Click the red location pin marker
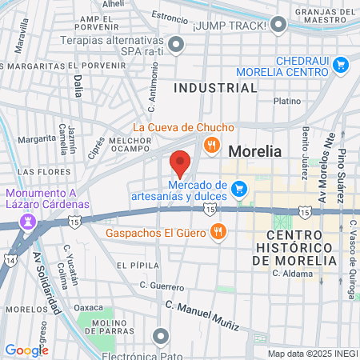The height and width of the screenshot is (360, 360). point(180,162)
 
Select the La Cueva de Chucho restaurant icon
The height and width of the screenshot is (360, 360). point(212,145)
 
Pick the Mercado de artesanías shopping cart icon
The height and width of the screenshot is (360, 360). point(238,189)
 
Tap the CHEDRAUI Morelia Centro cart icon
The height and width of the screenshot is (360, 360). point(342,64)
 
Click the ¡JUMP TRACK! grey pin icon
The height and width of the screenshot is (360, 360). point(278,26)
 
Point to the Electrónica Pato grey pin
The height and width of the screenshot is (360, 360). point(162,335)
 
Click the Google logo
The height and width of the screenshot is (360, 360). point(26,350)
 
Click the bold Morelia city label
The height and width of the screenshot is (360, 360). point(256,150)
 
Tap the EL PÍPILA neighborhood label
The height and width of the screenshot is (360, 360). point(133,265)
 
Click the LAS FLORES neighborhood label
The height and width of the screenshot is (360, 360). point(35,172)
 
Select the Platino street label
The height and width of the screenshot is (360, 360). point(287,102)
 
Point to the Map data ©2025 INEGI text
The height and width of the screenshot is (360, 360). point(311,354)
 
